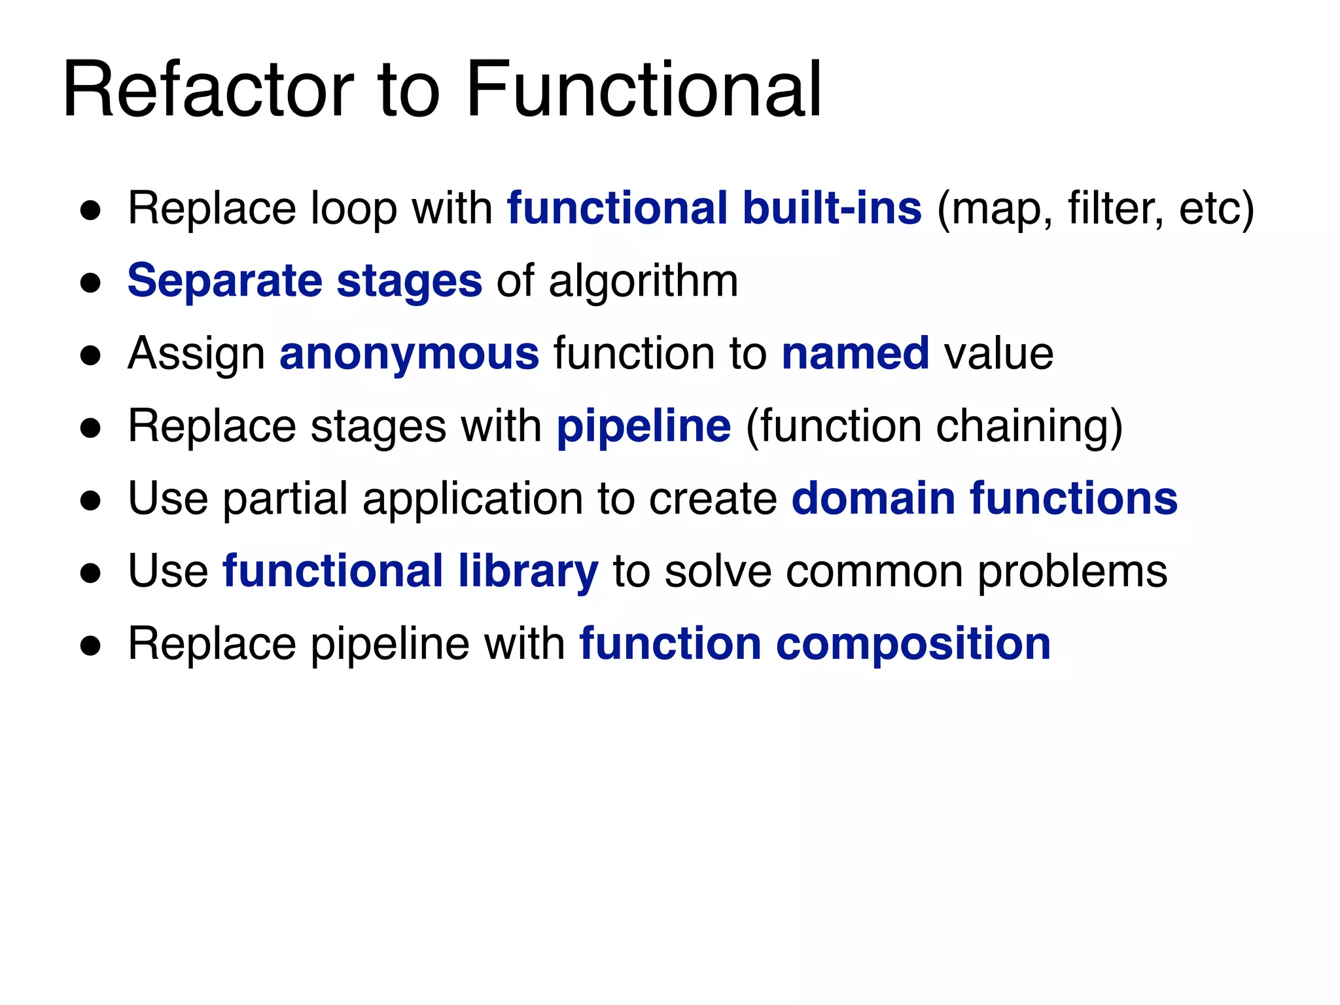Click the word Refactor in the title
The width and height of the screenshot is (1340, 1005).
pyautogui.click(x=208, y=89)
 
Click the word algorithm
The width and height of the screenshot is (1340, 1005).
pyautogui.click(x=643, y=281)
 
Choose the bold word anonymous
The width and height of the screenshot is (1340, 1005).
pyautogui.click(x=410, y=354)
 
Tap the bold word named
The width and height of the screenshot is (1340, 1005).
pyautogui.click(x=855, y=354)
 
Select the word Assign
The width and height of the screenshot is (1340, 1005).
pyautogui.click(x=196, y=354)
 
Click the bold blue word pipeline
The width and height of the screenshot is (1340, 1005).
pyautogui.click(x=644, y=427)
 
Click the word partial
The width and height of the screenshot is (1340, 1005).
pyautogui.click(x=286, y=499)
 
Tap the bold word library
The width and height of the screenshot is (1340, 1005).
pyautogui.click(x=528, y=572)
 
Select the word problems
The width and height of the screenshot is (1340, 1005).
pyautogui.click(x=1072, y=572)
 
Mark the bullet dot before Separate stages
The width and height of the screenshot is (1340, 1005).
pyautogui.click(x=90, y=283)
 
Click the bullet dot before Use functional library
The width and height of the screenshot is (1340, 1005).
pyautogui.click(x=90, y=574)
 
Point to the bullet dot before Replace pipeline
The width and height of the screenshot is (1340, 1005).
pyautogui.click(x=90, y=646)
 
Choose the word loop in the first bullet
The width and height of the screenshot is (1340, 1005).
pyautogui.click(x=353, y=209)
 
